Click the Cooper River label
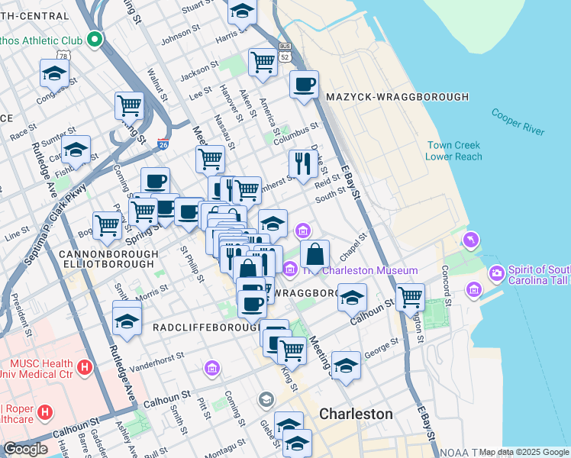518,121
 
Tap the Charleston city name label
356,414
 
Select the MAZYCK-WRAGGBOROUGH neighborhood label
397,97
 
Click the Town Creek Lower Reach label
454,150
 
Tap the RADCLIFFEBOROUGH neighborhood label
205,327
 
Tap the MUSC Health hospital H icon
85,367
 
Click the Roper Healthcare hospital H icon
45,413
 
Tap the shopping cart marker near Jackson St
263,62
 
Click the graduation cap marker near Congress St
55,73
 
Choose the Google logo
25,449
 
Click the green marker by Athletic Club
95,39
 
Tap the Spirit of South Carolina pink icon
497,273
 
